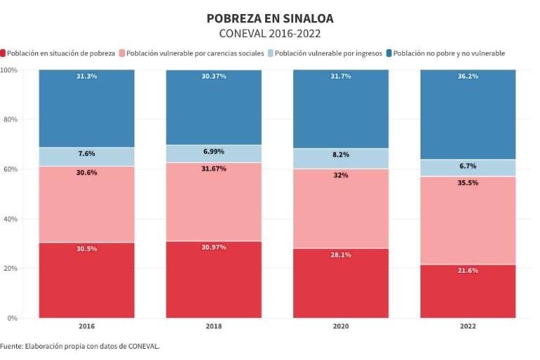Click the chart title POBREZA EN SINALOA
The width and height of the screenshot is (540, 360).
tap(270, 18)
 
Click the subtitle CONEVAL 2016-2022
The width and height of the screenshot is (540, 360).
tap(270, 33)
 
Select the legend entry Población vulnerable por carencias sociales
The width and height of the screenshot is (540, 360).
tap(195, 53)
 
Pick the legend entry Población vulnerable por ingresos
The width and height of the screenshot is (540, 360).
tap(328, 53)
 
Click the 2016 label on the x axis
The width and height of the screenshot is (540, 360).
tap(86, 326)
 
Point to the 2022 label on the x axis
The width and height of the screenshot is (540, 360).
tap(468, 326)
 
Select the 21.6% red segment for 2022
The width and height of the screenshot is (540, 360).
tap(468, 292)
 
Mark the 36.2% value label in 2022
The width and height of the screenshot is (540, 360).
tap(468, 76)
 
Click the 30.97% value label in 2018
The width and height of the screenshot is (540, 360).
tap(213, 247)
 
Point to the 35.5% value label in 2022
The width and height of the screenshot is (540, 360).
tap(468, 183)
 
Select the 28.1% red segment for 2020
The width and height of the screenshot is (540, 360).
tap(340, 283)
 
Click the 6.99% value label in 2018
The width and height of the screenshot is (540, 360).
tap(213, 152)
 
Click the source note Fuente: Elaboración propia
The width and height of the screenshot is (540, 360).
tap(80, 346)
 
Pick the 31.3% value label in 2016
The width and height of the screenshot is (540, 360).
tap(86, 76)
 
